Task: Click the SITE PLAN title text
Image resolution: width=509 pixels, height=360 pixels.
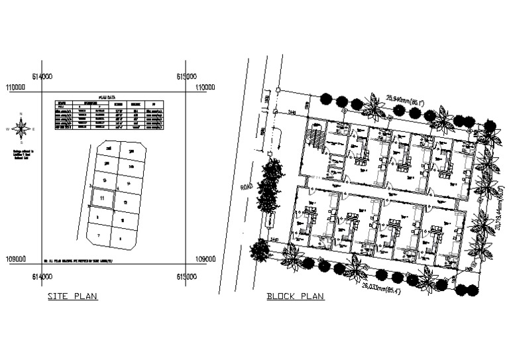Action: click(72, 296)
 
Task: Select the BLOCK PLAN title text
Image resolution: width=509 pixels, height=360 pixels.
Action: click(295, 296)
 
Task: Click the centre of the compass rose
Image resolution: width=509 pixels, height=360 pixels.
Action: click(22, 128)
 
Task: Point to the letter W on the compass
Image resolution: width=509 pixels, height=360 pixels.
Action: click(9, 129)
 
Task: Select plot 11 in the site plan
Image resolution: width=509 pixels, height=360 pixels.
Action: click(101, 198)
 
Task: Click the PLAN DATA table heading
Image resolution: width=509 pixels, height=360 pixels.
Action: click(106, 97)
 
